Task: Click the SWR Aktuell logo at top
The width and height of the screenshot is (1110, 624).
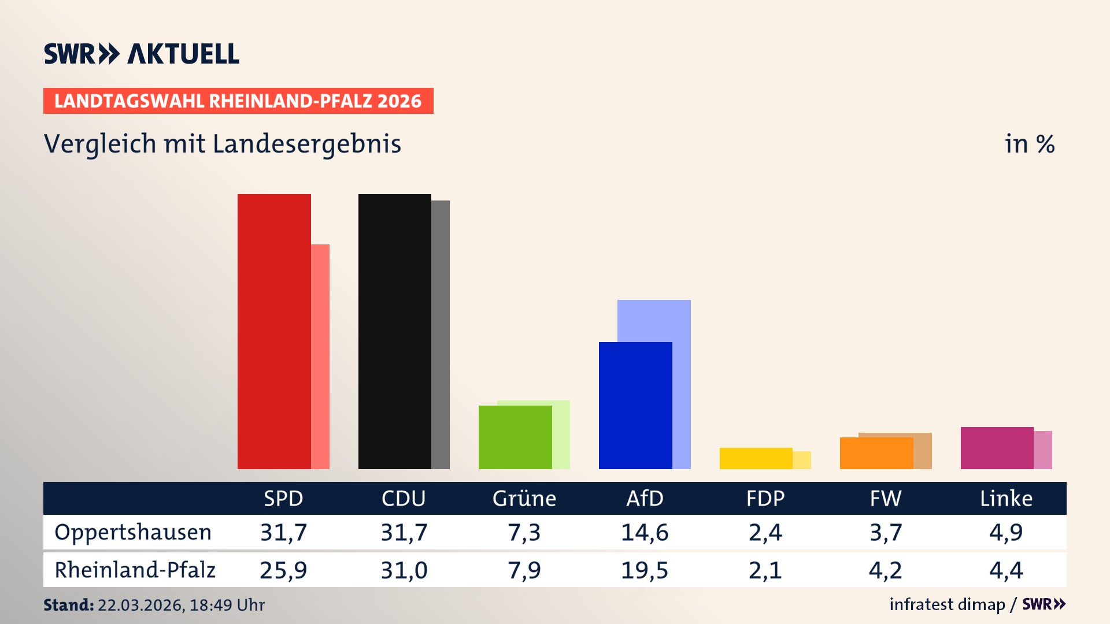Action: click(x=141, y=54)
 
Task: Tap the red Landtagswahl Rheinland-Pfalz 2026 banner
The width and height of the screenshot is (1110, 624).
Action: click(x=238, y=101)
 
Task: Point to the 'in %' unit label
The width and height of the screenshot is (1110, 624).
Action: click(x=1029, y=144)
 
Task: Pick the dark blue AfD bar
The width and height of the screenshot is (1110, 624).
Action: click(x=635, y=405)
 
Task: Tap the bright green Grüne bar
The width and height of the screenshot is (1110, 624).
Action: click(x=515, y=437)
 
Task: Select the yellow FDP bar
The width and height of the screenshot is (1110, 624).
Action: click(x=755, y=458)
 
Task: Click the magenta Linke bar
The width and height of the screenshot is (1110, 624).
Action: click(x=997, y=448)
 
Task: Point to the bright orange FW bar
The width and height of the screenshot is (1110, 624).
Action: click(x=876, y=453)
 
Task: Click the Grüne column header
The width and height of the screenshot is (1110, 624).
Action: click(x=524, y=499)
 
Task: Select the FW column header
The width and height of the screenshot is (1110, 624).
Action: click(x=885, y=499)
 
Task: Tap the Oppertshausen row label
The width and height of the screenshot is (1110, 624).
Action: click(x=133, y=532)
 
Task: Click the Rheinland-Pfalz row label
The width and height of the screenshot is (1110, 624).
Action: click(x=135, y=570)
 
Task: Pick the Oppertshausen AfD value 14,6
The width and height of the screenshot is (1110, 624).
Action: click(x=644, y=532)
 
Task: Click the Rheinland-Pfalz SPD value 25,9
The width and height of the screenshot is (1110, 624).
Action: click(x=283, y=570)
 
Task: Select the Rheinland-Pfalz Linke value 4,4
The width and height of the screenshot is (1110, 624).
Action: click(x=1006, y=570)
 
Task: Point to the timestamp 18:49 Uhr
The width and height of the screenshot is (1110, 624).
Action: click(x=227, y=605)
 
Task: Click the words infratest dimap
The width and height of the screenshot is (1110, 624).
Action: click(x=946, y=604)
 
